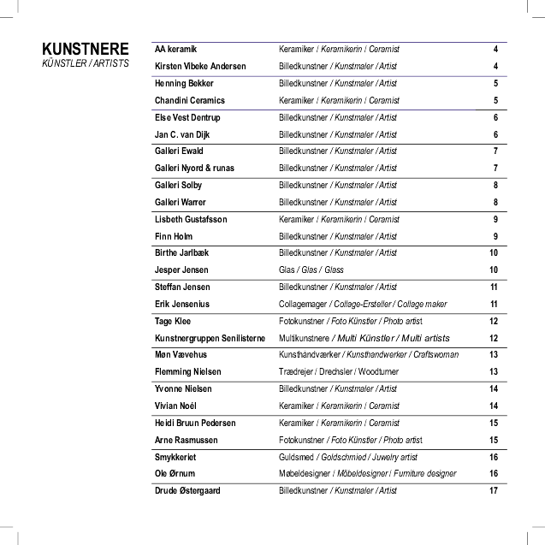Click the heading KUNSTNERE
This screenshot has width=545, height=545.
pyautogui.click(x=86, y=49)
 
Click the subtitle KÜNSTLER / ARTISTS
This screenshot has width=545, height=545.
pyautogui.click(x=86, y=64)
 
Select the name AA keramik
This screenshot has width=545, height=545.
pyautogui.click(x=175, y=50)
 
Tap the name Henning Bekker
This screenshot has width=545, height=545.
pyautogui.click(x=184, y=84)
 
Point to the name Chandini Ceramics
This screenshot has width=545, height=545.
pyautogui.click(x=189, y=101)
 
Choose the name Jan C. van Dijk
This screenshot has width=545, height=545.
pyautogui.click(x=181, y=135)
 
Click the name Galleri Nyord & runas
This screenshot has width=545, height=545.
pyautogui.click(x=194, y=169)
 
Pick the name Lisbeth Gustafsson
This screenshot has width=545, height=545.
pyautogui.click(x=191, y=220)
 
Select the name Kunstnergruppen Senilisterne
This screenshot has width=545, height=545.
pyautogui.click(x=210, y=338)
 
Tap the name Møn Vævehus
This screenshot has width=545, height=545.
pyautogui.click(x=181, y=355)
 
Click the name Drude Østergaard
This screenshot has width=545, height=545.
pyautogui.click(x=187, y=491)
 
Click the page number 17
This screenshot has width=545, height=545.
pyautogui.click(x=494, y=491)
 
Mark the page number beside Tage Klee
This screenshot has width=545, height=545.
pyautogui.click(x=494, y=322)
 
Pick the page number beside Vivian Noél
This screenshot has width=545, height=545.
pyautogui.click(x=494, y=406)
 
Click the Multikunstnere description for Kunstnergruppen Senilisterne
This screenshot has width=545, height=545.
pyautogui.click(x=364, y=338)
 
